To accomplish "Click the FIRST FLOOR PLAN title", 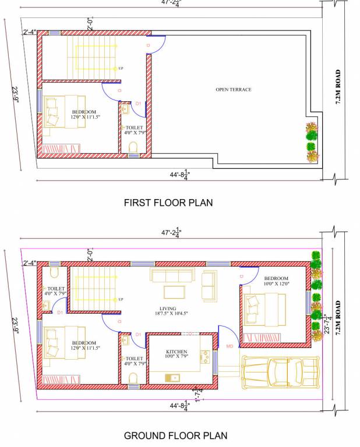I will (x=168, y=203).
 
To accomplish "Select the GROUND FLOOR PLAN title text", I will (x=175, y=435).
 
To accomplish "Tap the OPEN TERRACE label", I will (x=233, y=90).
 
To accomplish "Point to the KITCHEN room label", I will (x=177, y=352).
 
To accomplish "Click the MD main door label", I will (x=230, y=346).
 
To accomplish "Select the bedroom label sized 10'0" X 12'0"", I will (x=276, y=281).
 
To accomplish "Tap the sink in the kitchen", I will (x=173, y=378).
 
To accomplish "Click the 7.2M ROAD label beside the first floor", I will (x=338, y=87).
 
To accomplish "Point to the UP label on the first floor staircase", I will (x=121, y=68).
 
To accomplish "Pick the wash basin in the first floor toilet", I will (x=125, y=109).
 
